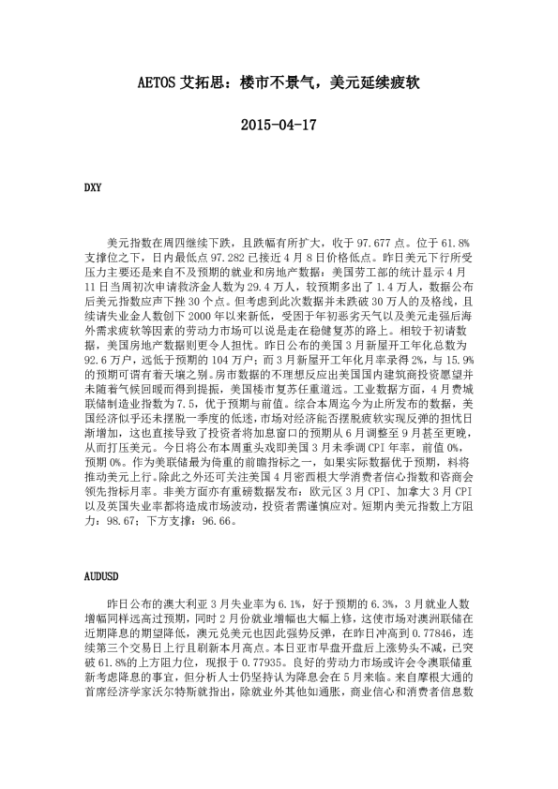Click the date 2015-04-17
[x=279, y=124]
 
